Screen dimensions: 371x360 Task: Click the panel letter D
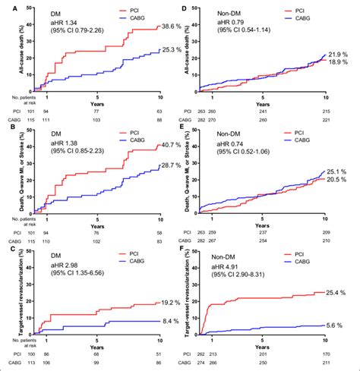pyautogui.click(x=186, y=7)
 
